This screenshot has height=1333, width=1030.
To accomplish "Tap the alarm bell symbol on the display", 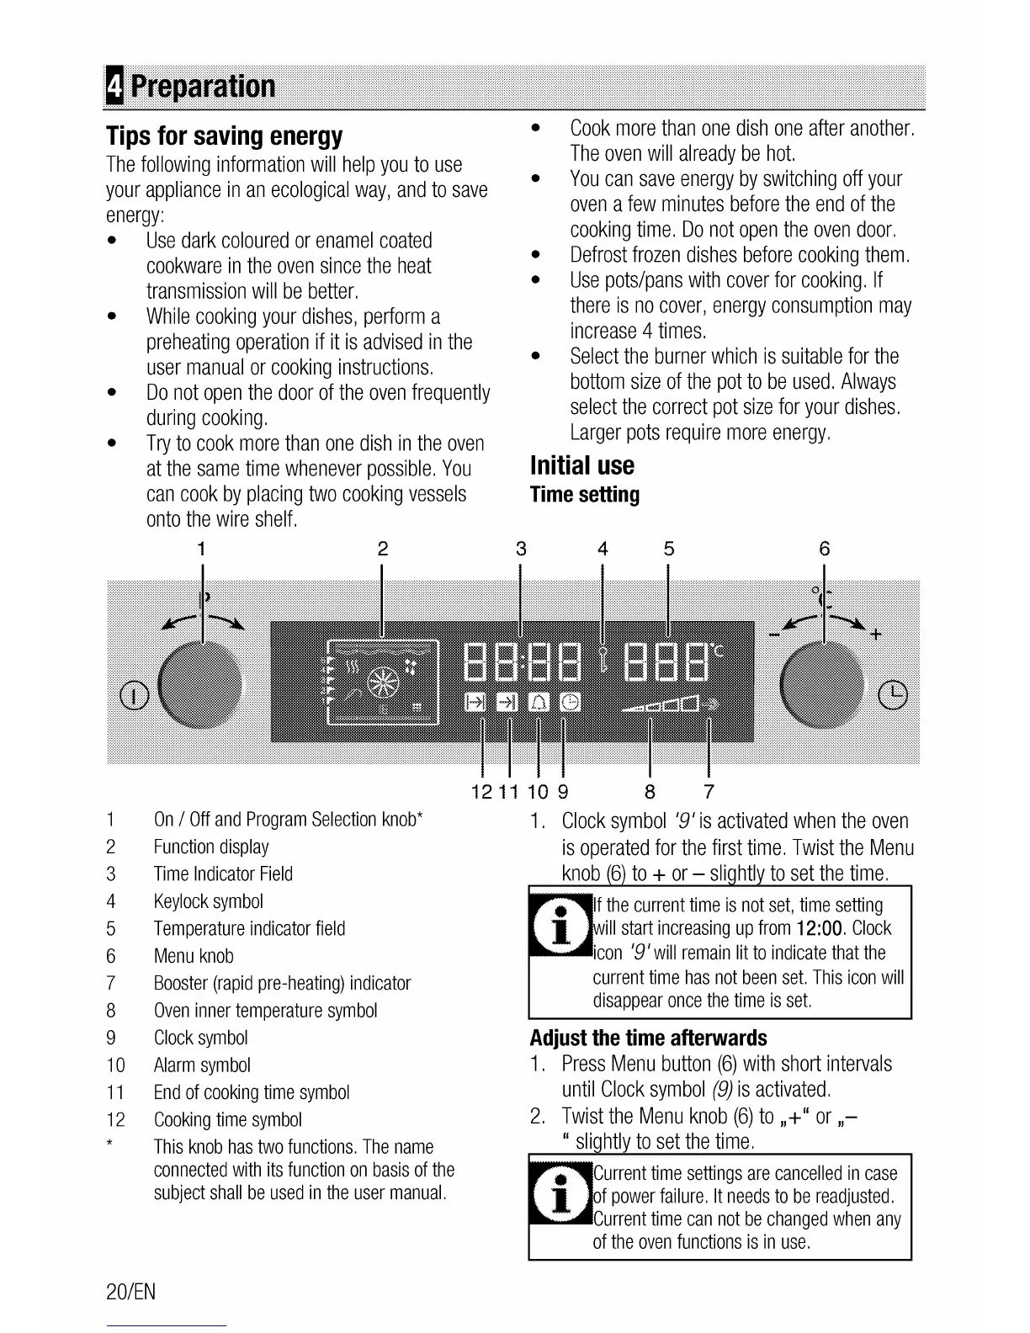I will point(537,701).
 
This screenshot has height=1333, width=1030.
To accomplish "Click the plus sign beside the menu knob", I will point(876,634).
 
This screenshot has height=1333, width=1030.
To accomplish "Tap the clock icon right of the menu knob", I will point(893,694).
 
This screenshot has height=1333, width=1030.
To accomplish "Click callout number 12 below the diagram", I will point(482,792).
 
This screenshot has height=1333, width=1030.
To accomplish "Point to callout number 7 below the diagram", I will point(709,792).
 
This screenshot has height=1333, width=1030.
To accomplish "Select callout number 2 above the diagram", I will point(383,550).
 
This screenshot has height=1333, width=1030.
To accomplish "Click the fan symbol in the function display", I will point(384,682).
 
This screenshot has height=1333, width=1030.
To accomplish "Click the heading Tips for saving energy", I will point(225,136).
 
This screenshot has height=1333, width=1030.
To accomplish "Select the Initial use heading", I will point(582,465).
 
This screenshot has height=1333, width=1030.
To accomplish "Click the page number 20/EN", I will point(131,1292).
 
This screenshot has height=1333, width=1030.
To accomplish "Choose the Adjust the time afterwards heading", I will point(649,1038).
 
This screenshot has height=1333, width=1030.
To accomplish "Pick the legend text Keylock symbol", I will point(209,901).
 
